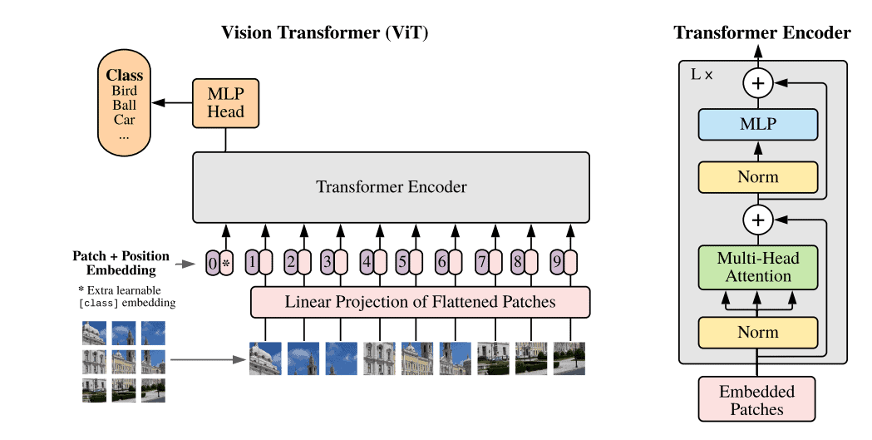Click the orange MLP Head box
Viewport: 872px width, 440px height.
tap(226, 103)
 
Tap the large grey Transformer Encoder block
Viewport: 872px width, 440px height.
tap(391, 187)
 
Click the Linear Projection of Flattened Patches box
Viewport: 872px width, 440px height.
tap(420, 302)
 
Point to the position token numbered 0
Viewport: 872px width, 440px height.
tap(213, 264)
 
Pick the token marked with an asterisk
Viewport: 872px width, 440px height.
tap(225, 264)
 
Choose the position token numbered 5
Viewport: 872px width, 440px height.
tap(402, 264)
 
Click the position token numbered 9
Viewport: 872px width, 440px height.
tap(556, 264)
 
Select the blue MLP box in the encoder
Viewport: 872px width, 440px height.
tap(757, 124)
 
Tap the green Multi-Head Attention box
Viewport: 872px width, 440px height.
tap(757, 267)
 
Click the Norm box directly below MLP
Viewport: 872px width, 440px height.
tap(757, 177)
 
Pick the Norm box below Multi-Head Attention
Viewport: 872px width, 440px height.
tap(757, 332)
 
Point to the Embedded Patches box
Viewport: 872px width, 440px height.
tap(756, 400)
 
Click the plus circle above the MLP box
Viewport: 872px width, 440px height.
tap(757, 82)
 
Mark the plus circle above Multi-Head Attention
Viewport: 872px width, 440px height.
tap(757, 220)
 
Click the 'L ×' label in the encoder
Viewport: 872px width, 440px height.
tap(702, 74)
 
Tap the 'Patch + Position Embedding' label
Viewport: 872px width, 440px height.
tap(121, 263)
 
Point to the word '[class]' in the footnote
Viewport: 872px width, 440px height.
tap(97, 304)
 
